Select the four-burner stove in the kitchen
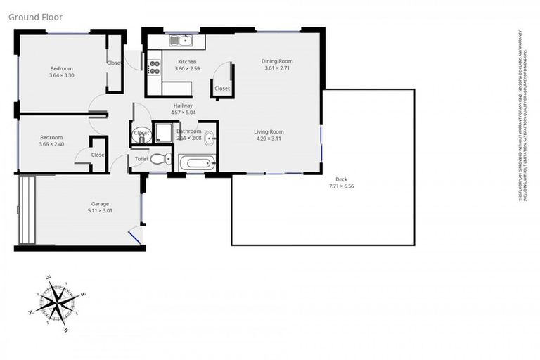[x=155, y=67]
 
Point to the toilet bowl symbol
[x=159, y=159]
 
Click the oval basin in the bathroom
[x=210, y=137]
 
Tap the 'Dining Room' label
[x=277, y=61]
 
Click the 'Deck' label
[x=342, y=179]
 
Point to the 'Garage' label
[x=100, y=203]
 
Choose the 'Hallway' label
[x=184, y=105]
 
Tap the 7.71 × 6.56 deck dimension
[x=342, y=186]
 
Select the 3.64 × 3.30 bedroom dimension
[x=62, y=75]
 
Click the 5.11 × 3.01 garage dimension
[x=100, y=210]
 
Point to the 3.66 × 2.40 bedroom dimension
[x=52, y=144]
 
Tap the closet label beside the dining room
[x=222, y=89]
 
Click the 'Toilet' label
[x=142, y=160]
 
